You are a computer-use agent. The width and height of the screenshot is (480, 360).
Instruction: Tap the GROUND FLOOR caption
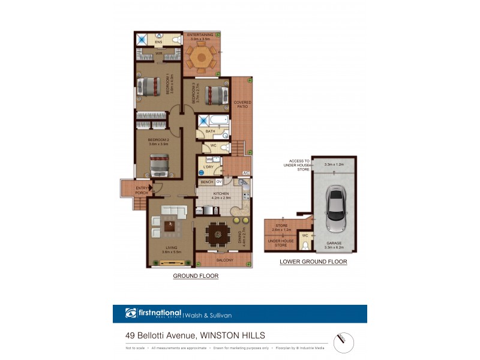tap(196, 276)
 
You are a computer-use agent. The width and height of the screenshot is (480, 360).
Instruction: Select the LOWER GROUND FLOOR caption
tap(313, 262)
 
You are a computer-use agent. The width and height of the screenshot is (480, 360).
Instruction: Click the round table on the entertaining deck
tap(202, 56)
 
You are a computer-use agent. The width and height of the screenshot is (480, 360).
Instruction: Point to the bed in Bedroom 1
tap(149, 87)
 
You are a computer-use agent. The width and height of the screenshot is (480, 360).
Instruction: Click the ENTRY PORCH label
tap(142, 190)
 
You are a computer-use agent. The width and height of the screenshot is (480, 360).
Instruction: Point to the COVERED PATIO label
tap(242, 104)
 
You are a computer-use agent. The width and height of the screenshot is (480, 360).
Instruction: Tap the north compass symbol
tap(343, 341)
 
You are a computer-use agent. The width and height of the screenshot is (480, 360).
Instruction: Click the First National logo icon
tap(131, 313)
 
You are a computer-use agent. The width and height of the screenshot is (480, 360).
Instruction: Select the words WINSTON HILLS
tap(233, 335)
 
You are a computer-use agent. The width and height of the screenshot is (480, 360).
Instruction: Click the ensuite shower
tap(142, 39)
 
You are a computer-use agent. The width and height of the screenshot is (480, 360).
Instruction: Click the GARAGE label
tap(335, 244)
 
